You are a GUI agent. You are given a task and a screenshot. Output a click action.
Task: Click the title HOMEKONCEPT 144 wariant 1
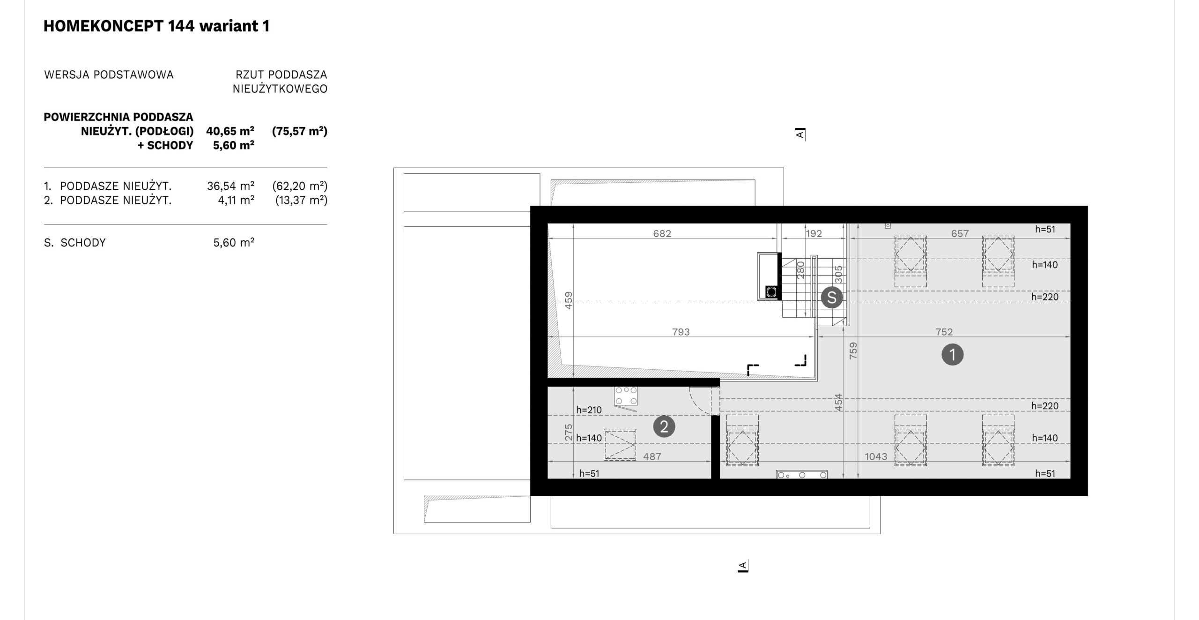click(156, 26)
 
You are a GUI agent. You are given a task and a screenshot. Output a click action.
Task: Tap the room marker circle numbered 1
click(952, 355)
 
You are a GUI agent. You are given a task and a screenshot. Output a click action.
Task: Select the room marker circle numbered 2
click(664, 427)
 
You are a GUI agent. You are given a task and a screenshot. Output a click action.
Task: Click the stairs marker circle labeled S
click(832, 297)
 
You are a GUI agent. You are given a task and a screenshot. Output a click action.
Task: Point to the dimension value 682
click(662, 233)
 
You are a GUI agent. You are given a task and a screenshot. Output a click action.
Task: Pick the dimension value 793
click(681, 332)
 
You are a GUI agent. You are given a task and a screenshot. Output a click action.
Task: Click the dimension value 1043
click(876, 456)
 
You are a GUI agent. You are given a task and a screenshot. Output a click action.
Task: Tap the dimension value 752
click(944, 332)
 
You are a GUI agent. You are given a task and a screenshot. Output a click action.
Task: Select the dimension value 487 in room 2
click(652, 456)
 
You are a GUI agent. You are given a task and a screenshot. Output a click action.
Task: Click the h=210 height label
click(589, 410)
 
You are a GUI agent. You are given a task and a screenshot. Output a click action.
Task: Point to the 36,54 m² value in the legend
click(230, 186)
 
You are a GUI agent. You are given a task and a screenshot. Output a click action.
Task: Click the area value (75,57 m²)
click(300, 131)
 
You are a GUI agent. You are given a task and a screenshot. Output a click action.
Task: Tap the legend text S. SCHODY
click(75, 243)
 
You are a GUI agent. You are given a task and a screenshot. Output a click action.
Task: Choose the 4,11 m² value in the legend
click(236, 201)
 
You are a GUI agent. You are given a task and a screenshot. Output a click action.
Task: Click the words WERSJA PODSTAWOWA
click(109, 75)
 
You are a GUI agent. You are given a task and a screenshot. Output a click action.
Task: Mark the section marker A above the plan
click(800, 134)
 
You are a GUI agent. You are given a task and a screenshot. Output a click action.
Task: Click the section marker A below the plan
click(742, 566)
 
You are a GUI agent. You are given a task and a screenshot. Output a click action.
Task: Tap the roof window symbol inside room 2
click(620, 445)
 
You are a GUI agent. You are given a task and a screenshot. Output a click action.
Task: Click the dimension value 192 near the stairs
click(814, 233)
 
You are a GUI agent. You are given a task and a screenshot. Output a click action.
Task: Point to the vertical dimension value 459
click(568, 300)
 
